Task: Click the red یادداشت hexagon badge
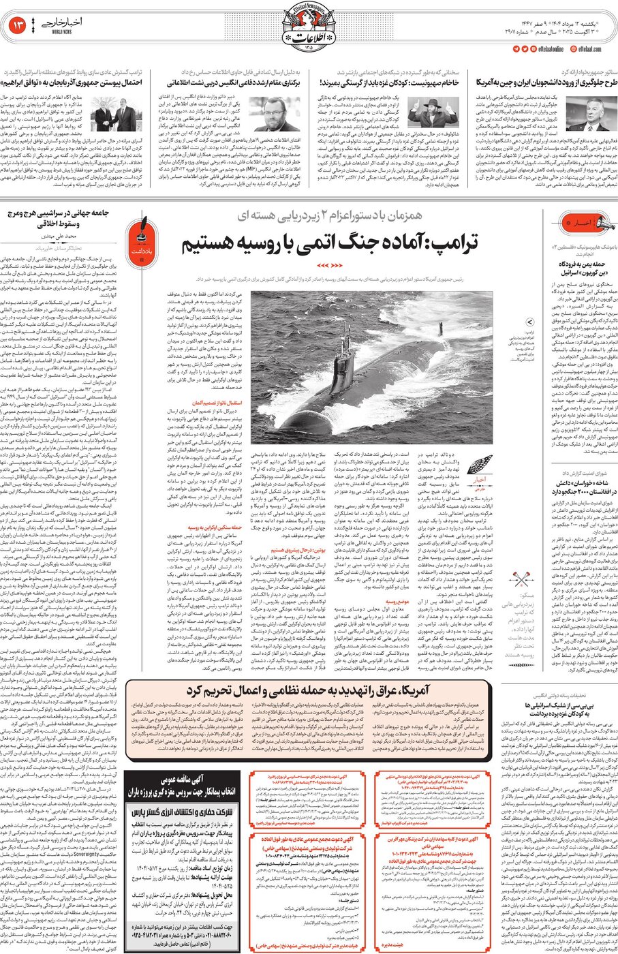[x=143, y=231]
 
